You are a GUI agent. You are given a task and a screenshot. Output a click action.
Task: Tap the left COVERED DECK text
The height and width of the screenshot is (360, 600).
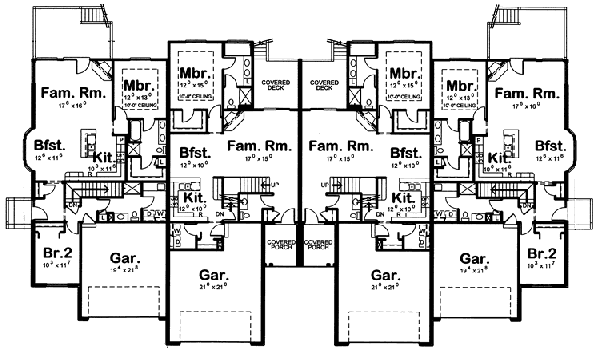tap(277, 84)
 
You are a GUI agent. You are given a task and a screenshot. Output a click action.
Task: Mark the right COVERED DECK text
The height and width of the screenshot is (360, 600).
tap(322, 84)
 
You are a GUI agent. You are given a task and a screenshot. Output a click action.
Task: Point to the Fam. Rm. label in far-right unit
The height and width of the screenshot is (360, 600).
tap(529, 93)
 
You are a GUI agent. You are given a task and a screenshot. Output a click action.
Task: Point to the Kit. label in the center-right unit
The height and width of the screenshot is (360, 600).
tap(405, 199)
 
